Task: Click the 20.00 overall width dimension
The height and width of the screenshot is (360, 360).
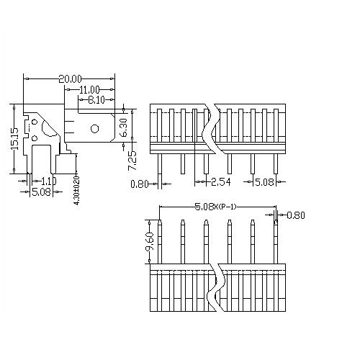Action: (x=70, y=78)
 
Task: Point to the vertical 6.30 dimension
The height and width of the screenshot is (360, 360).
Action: (x=123, y=129)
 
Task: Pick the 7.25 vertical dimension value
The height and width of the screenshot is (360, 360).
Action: (x=132, y=161)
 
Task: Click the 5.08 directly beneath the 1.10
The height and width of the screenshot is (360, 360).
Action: (x=41, y=192)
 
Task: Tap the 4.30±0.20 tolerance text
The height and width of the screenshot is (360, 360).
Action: (x=77, y=191)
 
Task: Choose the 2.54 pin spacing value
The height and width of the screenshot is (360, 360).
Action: (x=221, y=182)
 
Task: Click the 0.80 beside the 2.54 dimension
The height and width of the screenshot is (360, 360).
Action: (x=140, y=184)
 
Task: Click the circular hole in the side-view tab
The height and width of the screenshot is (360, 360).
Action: (x=94, y=130)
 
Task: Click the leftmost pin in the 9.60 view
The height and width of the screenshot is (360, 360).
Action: (x=160, y=241)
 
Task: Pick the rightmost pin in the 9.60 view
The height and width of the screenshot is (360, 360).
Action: (x=276, y=241)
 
